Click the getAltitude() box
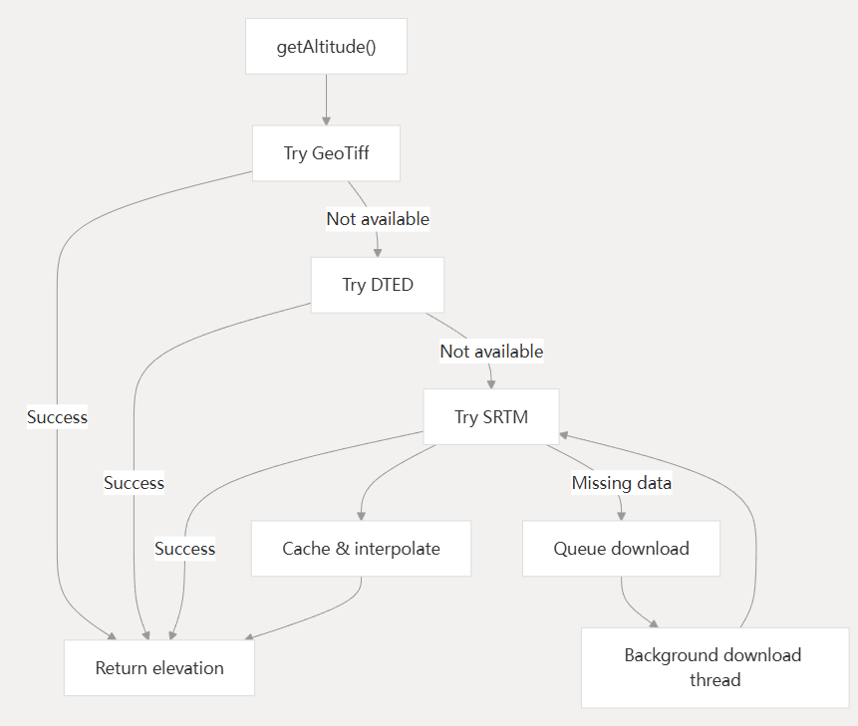[x=326, y=46]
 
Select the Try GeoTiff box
[x=326, y=153]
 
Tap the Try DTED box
[x=377, y=285]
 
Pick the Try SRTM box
[x=490, y=417]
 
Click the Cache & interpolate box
[x=361, y=549]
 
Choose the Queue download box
[x=621, y=549]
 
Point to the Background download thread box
[x=715, y=667]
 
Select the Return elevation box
[x=159, y=667]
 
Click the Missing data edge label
[x=621, y=483]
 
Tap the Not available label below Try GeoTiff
[x=378, y=218]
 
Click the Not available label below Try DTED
[x=491, y=351]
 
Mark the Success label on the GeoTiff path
[x=57, y=417]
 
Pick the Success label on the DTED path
[x=134, y=483]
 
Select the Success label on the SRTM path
[x=184, y=549]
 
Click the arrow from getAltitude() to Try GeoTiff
[x=326, y=100]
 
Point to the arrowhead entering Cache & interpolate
[x=360, y=515]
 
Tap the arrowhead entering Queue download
[x=621, y=515]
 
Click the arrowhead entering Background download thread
[x=654, y=623]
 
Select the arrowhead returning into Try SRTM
[x=564, y=435]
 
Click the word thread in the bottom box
[x=715, y=680]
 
